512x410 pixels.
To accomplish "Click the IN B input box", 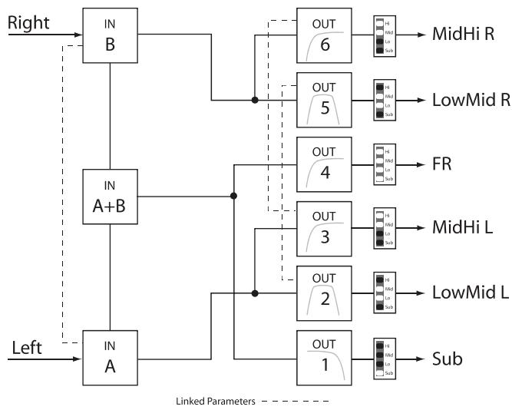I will pyautogui.click(x=111, y=35).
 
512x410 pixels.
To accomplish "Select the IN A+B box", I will pyautogui.click(x=111, y=197).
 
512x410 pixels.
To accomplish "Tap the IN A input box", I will pyautogui.click(x=111, y=358).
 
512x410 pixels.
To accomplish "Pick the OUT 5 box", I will pyautogui.click(x=324, y=100).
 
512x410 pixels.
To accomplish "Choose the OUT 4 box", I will pyautogui.click(x=324, y=164).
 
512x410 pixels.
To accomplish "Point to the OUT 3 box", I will pyautogui.click(x=324, y=229).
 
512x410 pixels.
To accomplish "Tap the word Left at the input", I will pyautogui.click(x=27, y=348).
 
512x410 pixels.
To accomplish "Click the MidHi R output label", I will pyautogui.click(x=462, y=35).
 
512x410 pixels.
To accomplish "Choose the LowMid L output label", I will pyautogui.click(x=467, y=293).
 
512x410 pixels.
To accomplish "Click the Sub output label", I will pyautogui.click(x=448, y=358).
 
